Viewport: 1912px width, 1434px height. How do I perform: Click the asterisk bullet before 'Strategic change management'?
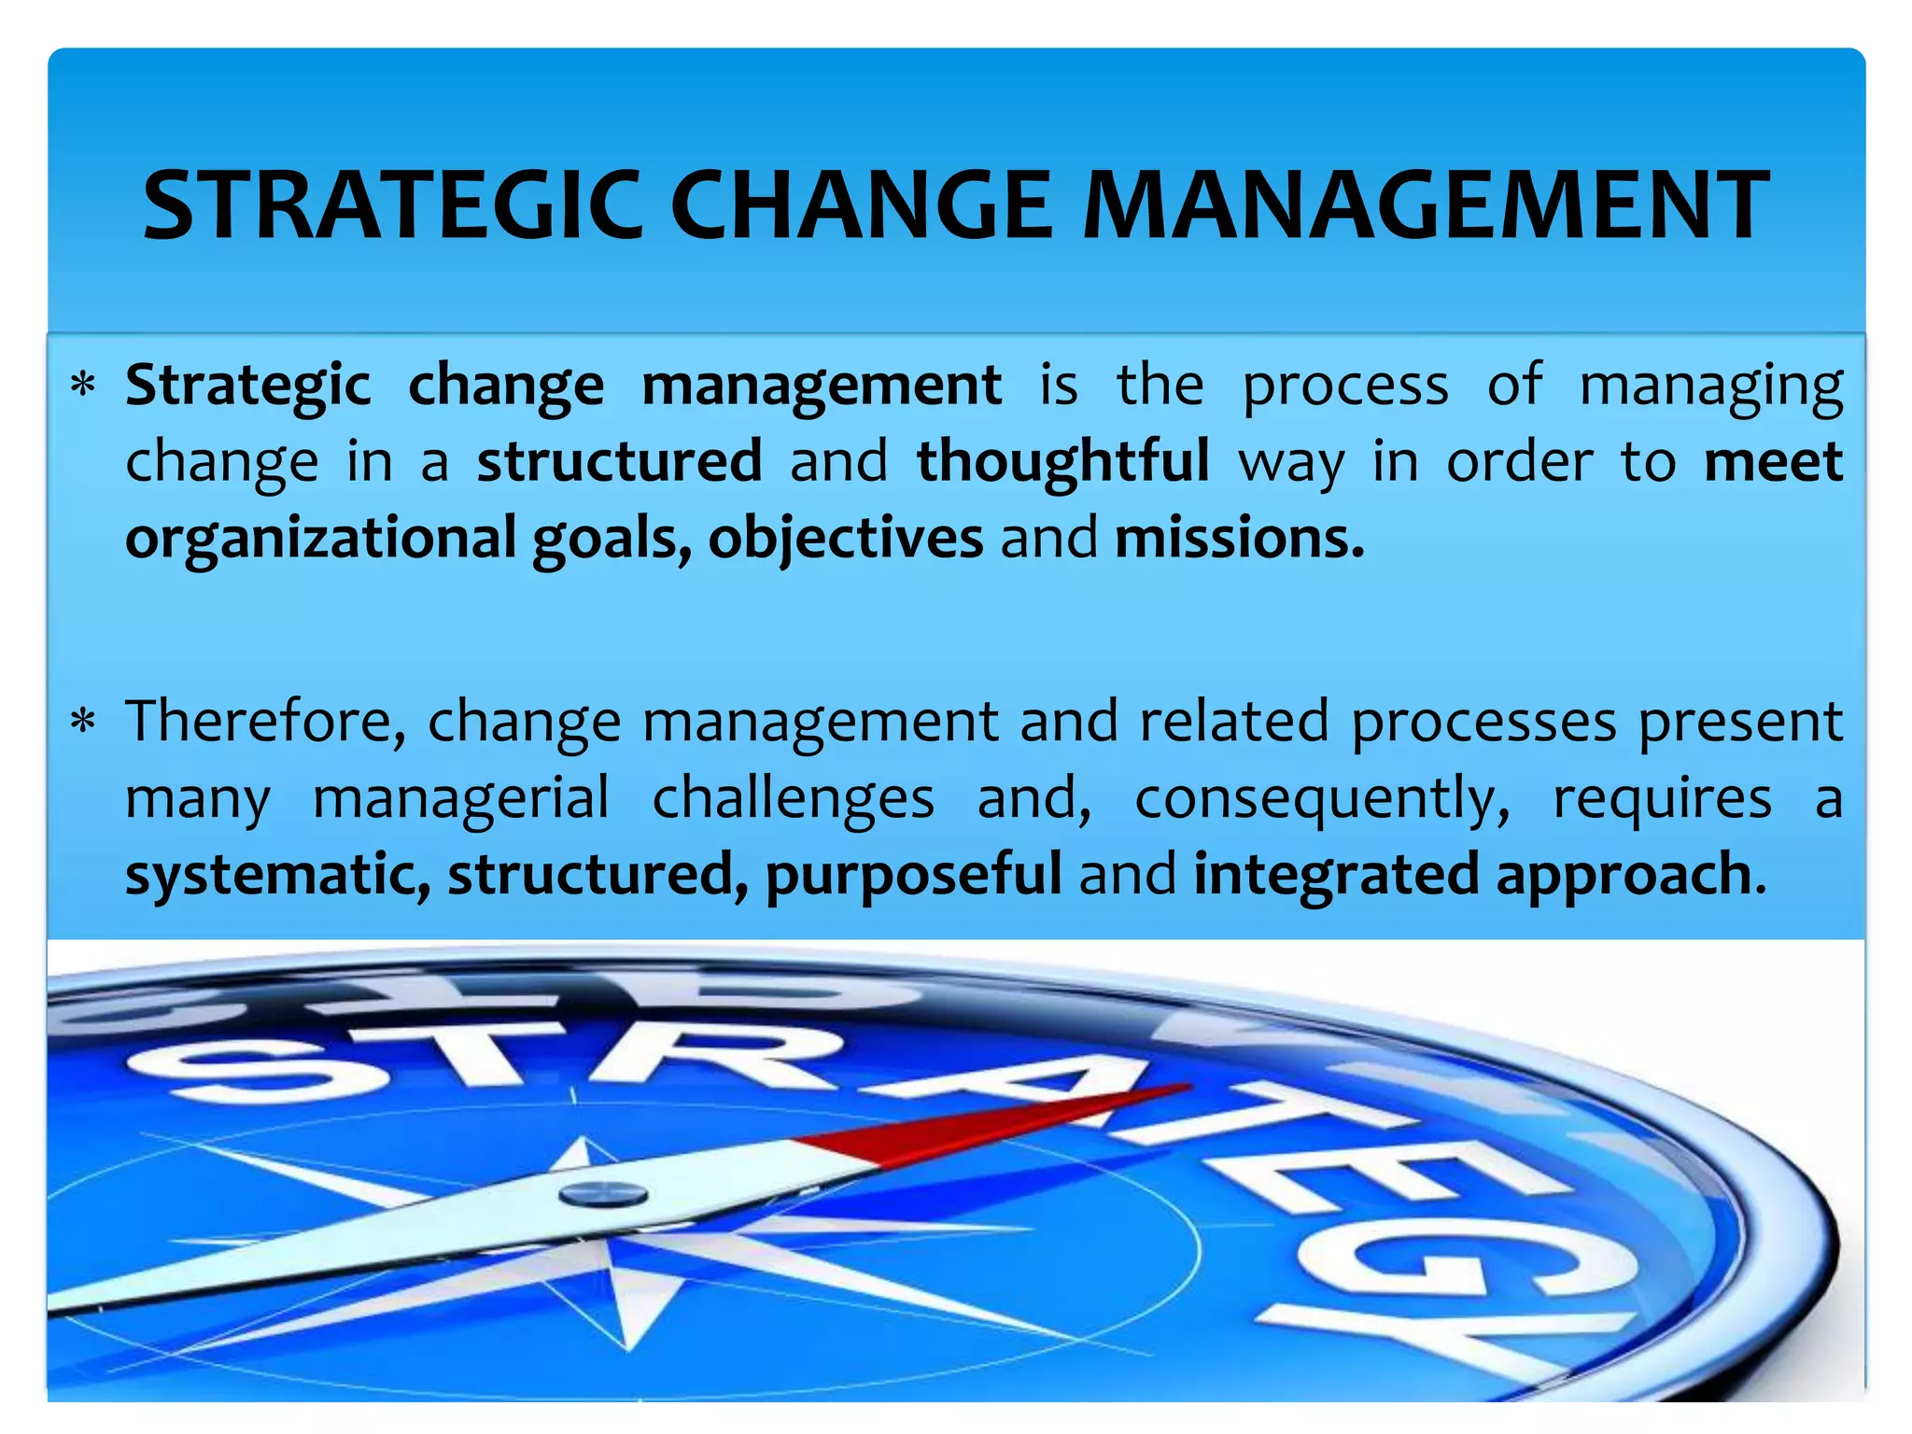pos(84,386)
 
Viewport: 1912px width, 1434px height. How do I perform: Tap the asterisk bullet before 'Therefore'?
pos(84,722)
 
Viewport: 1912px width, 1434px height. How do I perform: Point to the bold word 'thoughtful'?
pos(1062,461)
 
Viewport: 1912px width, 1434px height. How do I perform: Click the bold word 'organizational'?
pos(320,539)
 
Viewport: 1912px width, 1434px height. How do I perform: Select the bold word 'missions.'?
pos(1239,539)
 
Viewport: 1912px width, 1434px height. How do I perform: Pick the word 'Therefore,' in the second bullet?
pos(265,722)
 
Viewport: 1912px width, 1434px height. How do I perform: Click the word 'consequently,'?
pos(1322,800)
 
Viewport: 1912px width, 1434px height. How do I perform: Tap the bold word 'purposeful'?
pos(913,875)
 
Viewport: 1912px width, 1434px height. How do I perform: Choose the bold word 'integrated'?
pos(1336,875)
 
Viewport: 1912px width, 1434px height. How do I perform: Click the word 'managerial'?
pos(460,798)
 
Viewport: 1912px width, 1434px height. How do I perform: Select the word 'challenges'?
pos(793,798)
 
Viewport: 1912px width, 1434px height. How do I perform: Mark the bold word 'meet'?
pos(1773,461)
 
